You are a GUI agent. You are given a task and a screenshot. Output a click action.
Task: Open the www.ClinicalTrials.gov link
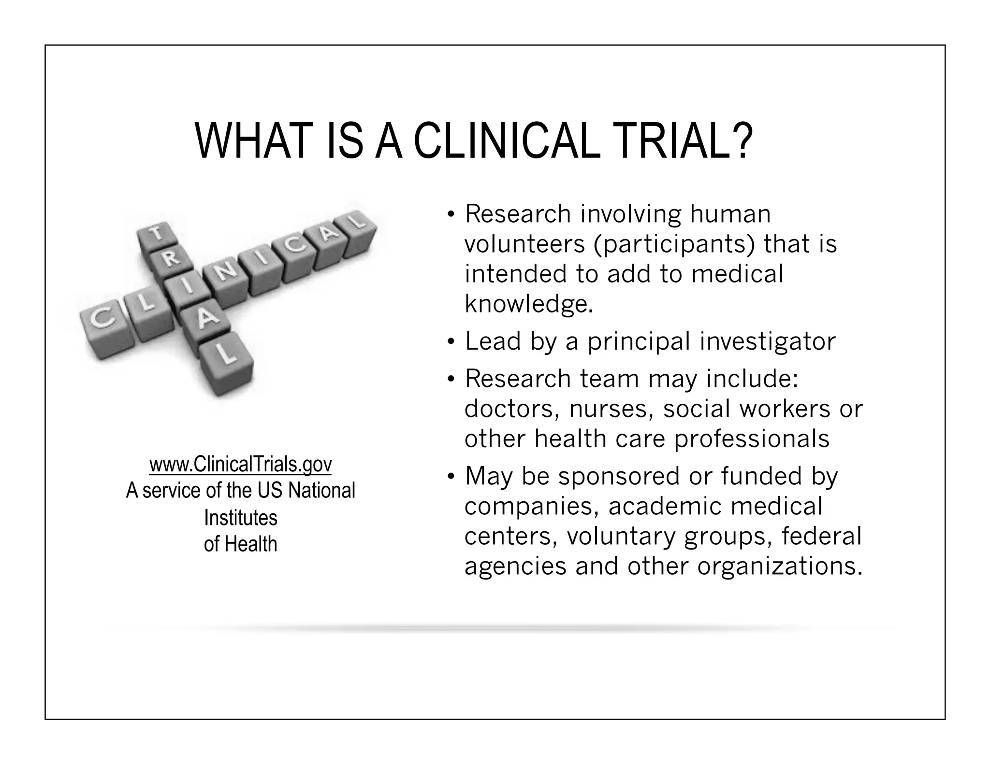coord(240,464)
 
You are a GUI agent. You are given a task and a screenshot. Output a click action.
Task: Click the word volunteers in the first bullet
coord(524,244)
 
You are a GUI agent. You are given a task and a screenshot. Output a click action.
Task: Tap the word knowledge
coord(528,304)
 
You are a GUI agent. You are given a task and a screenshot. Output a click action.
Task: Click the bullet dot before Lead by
coord(451,342)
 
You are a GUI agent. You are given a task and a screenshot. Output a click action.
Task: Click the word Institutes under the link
coord(240,518)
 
